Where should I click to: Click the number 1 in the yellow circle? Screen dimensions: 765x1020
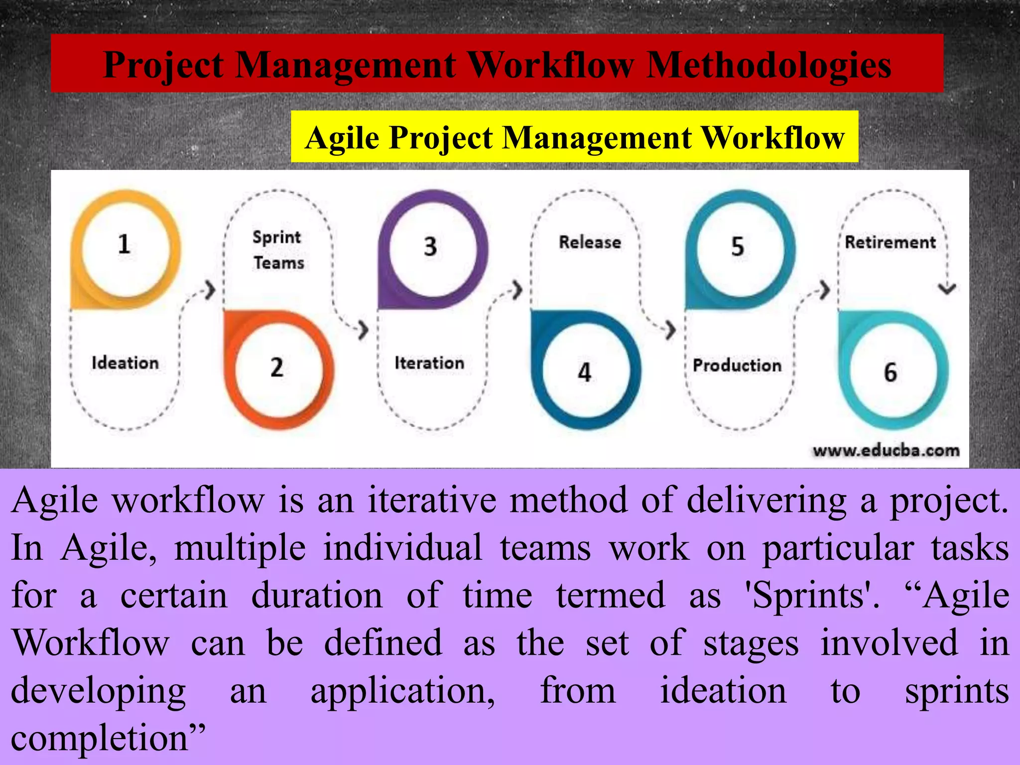click(124, 244)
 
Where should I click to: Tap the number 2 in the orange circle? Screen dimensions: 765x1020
click(277, 368)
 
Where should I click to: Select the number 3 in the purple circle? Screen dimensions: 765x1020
click(430, 247)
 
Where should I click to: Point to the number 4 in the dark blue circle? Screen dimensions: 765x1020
click(584, 372)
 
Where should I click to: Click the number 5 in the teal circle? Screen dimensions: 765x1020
click(738, 247)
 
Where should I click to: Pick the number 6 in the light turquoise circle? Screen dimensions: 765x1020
click(891, 372)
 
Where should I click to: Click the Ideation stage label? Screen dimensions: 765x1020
click(125, 363)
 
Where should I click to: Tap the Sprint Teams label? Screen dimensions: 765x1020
click(277, 250)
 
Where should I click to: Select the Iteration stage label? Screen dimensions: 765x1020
click(429, 363)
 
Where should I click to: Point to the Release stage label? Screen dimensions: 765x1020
click(590, 242)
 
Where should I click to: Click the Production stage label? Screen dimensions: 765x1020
click(737, 365)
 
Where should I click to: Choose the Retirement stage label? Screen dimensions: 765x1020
click(891, 242)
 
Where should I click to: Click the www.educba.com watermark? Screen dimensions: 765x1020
click(886, 451)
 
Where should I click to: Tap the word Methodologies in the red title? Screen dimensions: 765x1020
click(769, 65)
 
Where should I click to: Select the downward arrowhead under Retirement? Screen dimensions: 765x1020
click(947, 288)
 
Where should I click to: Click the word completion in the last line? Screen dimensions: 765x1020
click(100, 738)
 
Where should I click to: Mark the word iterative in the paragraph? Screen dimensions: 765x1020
click(432, 500)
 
